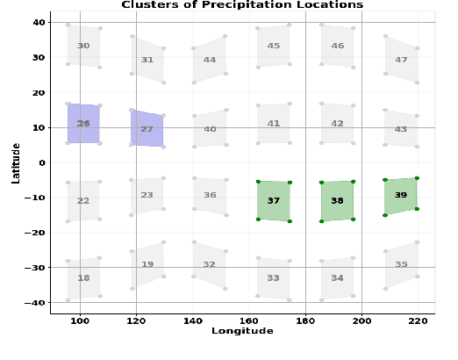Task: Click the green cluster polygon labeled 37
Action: coord(274,200)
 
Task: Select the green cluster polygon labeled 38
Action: coord(337,201)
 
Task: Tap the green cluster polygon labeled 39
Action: coord(401,196)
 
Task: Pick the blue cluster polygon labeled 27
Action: coord(147,129)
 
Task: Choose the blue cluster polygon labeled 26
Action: coord(83,124)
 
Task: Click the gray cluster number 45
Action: coord(274,46)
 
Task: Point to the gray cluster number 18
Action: coord(83,278)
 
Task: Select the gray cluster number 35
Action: coord(401,264)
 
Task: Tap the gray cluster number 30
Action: coord(83,46)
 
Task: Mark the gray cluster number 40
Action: coord(210,129)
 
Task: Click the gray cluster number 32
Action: coord(209,264)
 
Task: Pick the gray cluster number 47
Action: coord(401,60)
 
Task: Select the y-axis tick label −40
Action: coord(37,302)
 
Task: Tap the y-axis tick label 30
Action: coord(39,57)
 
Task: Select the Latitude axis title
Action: coord(17,162)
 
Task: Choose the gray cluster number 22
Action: coord(83,201)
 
